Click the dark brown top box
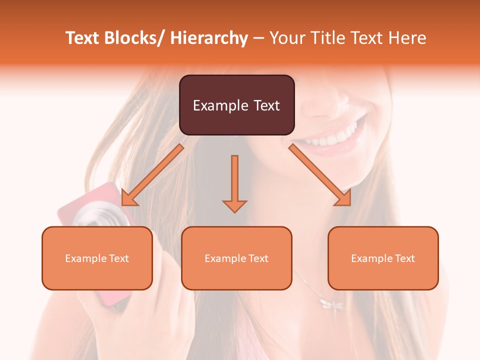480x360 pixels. [236, 105]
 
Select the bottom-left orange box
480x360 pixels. [97, 258]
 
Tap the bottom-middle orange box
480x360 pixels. [236, 258]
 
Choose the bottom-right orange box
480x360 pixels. [383, 258]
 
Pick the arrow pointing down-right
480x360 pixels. [320, 175]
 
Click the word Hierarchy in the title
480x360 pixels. [209, 38]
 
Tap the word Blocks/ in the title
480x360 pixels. [131, 38]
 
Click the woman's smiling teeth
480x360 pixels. [332, 134]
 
